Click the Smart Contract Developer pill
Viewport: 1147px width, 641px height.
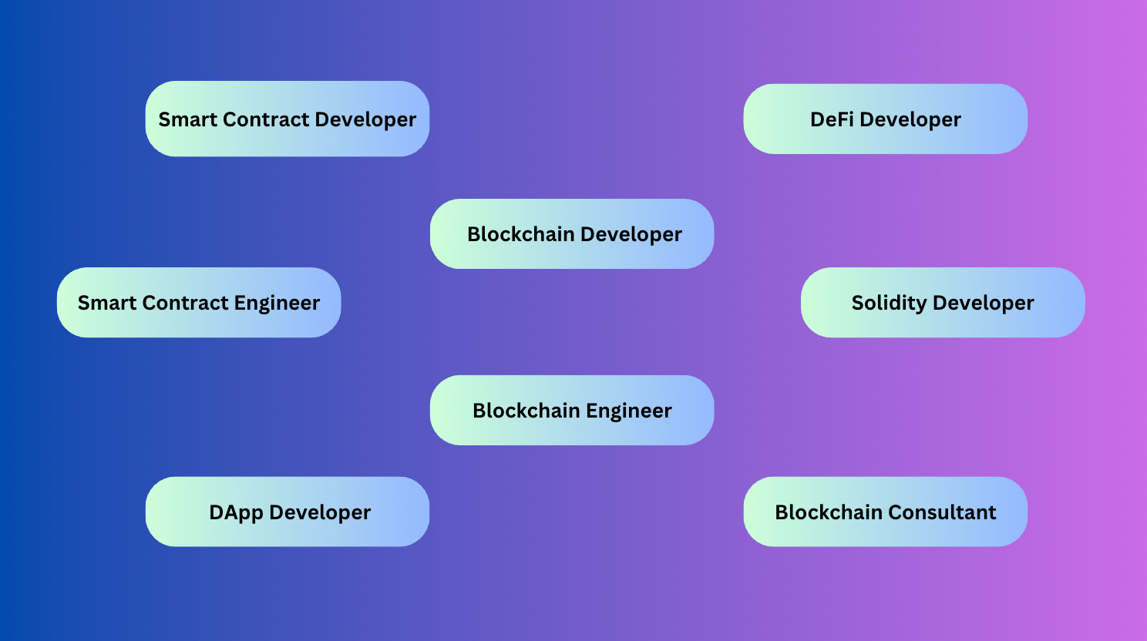[288, 119]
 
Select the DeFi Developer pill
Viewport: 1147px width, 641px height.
[886, 119]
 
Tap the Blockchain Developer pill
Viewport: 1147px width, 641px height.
[572, 234]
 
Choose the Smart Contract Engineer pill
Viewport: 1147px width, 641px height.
[199, 302]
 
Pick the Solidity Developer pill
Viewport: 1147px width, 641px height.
[943, 302]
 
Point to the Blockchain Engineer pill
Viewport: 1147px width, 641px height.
[572, 410]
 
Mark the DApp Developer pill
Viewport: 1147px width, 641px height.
[288, 512]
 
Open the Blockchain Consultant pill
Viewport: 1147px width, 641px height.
[886, 512]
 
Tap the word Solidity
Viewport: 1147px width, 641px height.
[890, 303]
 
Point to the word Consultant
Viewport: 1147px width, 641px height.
[942, 512]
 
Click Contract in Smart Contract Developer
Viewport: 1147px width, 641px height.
[266, 119]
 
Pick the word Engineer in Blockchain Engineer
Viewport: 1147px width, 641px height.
[628, 411]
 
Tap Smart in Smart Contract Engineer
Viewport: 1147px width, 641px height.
[107, 303]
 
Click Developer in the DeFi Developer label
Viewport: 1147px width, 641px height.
[910, 120]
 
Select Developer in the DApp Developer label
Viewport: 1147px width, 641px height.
[320, 513]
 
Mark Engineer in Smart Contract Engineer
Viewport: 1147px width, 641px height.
[277, 304]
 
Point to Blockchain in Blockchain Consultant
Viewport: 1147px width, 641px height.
[829, 512]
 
